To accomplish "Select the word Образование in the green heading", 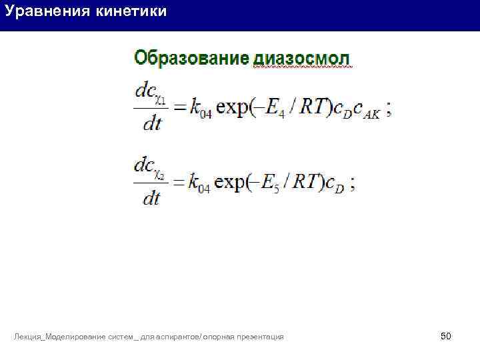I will (191, 58).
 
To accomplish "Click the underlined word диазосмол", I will (301, 59).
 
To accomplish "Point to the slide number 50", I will (446, 336).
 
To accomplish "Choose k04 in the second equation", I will (199, 184).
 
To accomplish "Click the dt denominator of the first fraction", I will (153, 125).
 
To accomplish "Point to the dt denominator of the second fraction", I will (153, 199).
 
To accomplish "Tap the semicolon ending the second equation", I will (352, 185).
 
